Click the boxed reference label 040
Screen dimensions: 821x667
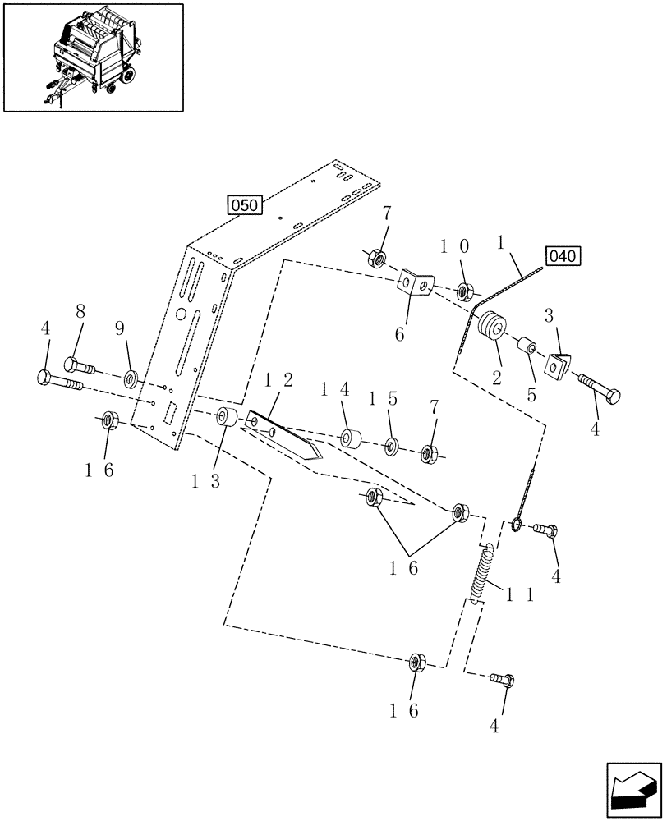(563, 256)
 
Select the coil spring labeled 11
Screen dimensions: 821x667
(481, 573)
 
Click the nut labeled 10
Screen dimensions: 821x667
(462, 290)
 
